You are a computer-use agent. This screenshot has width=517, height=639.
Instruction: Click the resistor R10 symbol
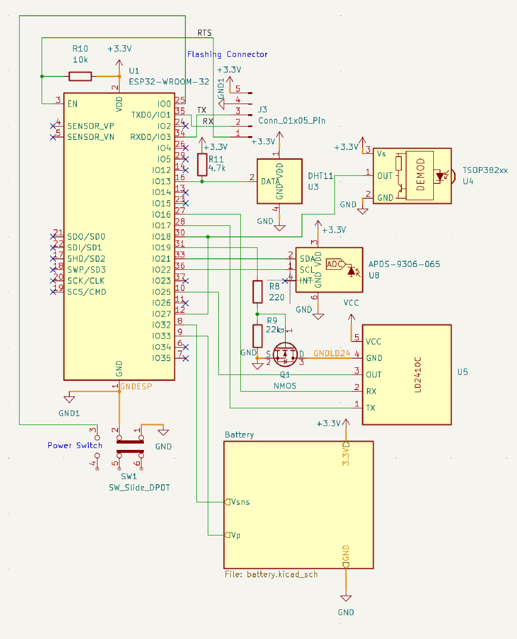tap(80, 77)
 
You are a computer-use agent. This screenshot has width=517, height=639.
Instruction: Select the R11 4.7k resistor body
tap(202, 165)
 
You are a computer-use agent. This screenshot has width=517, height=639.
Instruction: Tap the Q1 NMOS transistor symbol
tap(285, 354)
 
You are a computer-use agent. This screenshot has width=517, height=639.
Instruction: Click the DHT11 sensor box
tap(279, 181)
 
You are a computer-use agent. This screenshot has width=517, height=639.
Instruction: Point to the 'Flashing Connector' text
tap(227, 55)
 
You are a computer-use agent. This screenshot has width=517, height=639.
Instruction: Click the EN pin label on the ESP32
tap(72, 104)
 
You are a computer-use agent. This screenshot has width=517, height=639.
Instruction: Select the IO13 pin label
tap(161, 181)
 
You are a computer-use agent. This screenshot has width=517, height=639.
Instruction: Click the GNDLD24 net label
tap(332, 353)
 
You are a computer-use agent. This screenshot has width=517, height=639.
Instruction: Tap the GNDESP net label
tap(136, 386)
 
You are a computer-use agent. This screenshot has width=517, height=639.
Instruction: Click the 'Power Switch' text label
tap(75, 445)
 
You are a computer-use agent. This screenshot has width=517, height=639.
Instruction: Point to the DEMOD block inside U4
tap(420, 175)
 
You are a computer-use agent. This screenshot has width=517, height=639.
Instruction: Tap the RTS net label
tap(204, 33)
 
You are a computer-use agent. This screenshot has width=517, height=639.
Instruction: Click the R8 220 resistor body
tap(257, 292)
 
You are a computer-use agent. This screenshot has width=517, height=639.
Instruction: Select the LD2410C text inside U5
tap(418, 375)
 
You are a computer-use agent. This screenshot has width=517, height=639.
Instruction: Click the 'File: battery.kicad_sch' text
tap(271, 574)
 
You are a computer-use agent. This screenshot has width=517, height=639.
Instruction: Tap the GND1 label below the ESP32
tap(69, 413)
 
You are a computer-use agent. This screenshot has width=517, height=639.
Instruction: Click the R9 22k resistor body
tap(257, 336)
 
